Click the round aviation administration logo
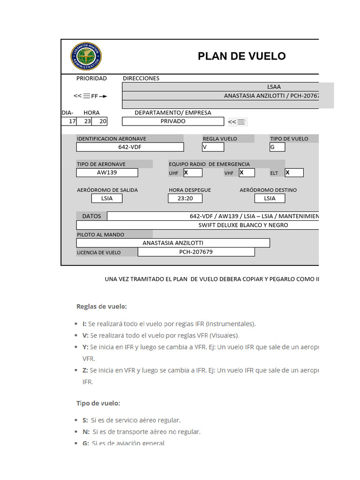pos(86,56)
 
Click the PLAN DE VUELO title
pos(241,56)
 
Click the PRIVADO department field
pos(173,121)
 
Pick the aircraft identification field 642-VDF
pos(130,147)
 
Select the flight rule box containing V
pos(213,147)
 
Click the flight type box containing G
pos(277,147)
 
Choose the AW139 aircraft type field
pos(107,172)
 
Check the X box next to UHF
pos(193,172)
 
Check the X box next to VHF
pos(247,172)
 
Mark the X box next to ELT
pos(294,172)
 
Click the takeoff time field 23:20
pos(185,198)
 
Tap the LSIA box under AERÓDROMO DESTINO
pos(270,198)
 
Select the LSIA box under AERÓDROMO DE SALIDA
pos(107,198)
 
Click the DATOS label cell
pos(91,216)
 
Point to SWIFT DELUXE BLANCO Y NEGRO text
pos(243,225)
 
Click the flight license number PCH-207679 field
pos(196,252)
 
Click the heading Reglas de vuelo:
pos(102,307)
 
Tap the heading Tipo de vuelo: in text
pos(98,403)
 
